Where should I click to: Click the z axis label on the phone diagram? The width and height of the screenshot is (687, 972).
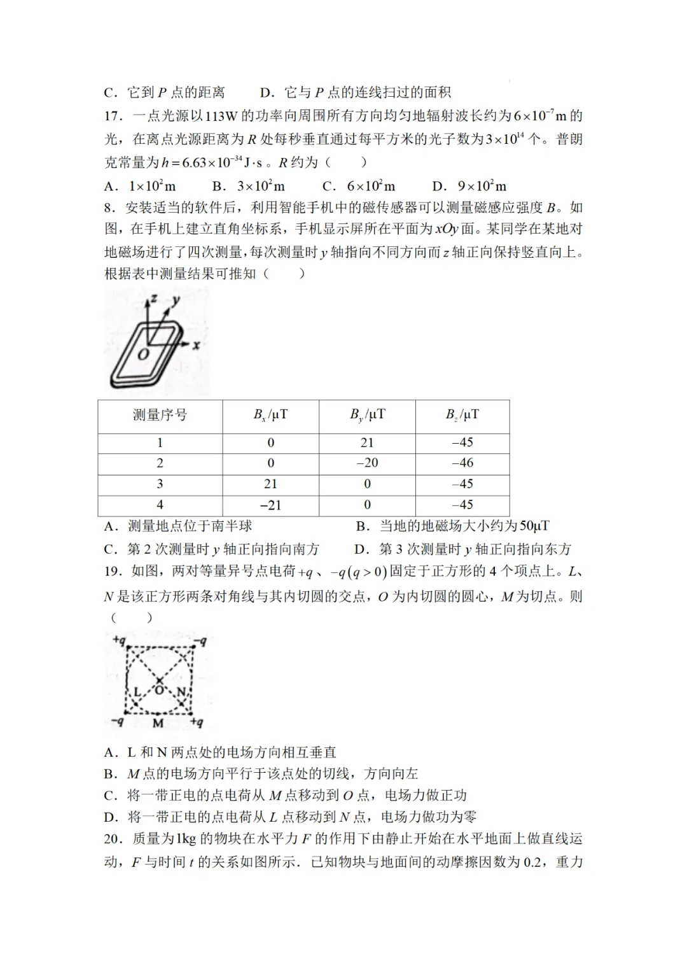[x=153, y=299]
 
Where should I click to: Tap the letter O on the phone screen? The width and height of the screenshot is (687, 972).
[x=144, y=353]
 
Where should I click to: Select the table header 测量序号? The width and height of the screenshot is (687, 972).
[x=160, y=416]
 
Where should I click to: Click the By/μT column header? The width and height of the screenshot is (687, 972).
[x=367, y=416]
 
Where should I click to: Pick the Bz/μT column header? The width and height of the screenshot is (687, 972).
[x=462, y=416]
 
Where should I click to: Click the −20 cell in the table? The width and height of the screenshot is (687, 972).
[x=367, y=463]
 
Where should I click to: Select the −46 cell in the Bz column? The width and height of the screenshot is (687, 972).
[x=462, y=463]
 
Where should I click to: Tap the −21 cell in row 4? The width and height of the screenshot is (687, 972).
[x=270, y=505]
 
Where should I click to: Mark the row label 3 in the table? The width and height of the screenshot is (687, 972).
[x=160, y=484]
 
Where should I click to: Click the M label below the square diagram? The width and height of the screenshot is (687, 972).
[x=158, y=723]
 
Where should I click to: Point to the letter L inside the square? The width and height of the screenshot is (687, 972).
[x=137, y=692]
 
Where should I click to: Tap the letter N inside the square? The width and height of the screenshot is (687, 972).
[x=181, y=692]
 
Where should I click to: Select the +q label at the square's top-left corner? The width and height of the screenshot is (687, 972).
[x=119, y=640]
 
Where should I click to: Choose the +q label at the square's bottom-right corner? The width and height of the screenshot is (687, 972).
[x=197, y=722]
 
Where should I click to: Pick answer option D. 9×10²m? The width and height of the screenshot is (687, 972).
[x=469, y=186]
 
